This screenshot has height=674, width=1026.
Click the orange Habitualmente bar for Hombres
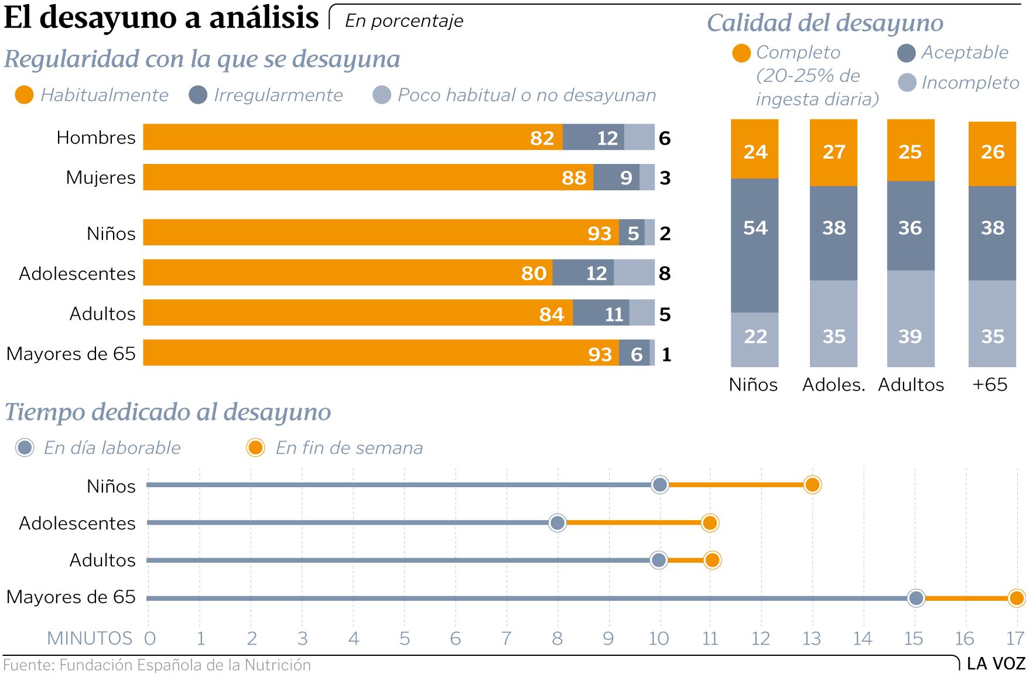click(351, 137)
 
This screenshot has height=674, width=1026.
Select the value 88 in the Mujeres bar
click(573, 177)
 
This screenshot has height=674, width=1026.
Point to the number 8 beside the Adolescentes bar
click(665, 273)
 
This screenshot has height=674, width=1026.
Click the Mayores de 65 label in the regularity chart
click(71, 354)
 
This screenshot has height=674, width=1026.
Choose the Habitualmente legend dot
click(24, 95)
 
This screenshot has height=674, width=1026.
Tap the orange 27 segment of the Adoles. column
click(833, 152)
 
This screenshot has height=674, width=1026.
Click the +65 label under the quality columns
click(990, 385)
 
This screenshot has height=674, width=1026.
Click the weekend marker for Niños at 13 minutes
click(812, 485)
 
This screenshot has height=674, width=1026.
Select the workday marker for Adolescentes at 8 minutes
click(558, 522)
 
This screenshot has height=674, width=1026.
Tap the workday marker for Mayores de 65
click(915, 598)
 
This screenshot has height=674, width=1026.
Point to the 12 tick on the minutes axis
click(761, 638)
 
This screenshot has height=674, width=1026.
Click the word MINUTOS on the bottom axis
click(90, 638)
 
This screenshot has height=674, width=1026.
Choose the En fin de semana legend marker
click(255, 448)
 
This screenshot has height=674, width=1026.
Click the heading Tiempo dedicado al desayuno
click(168, 412)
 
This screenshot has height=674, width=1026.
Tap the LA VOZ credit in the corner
click(996, 663)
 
